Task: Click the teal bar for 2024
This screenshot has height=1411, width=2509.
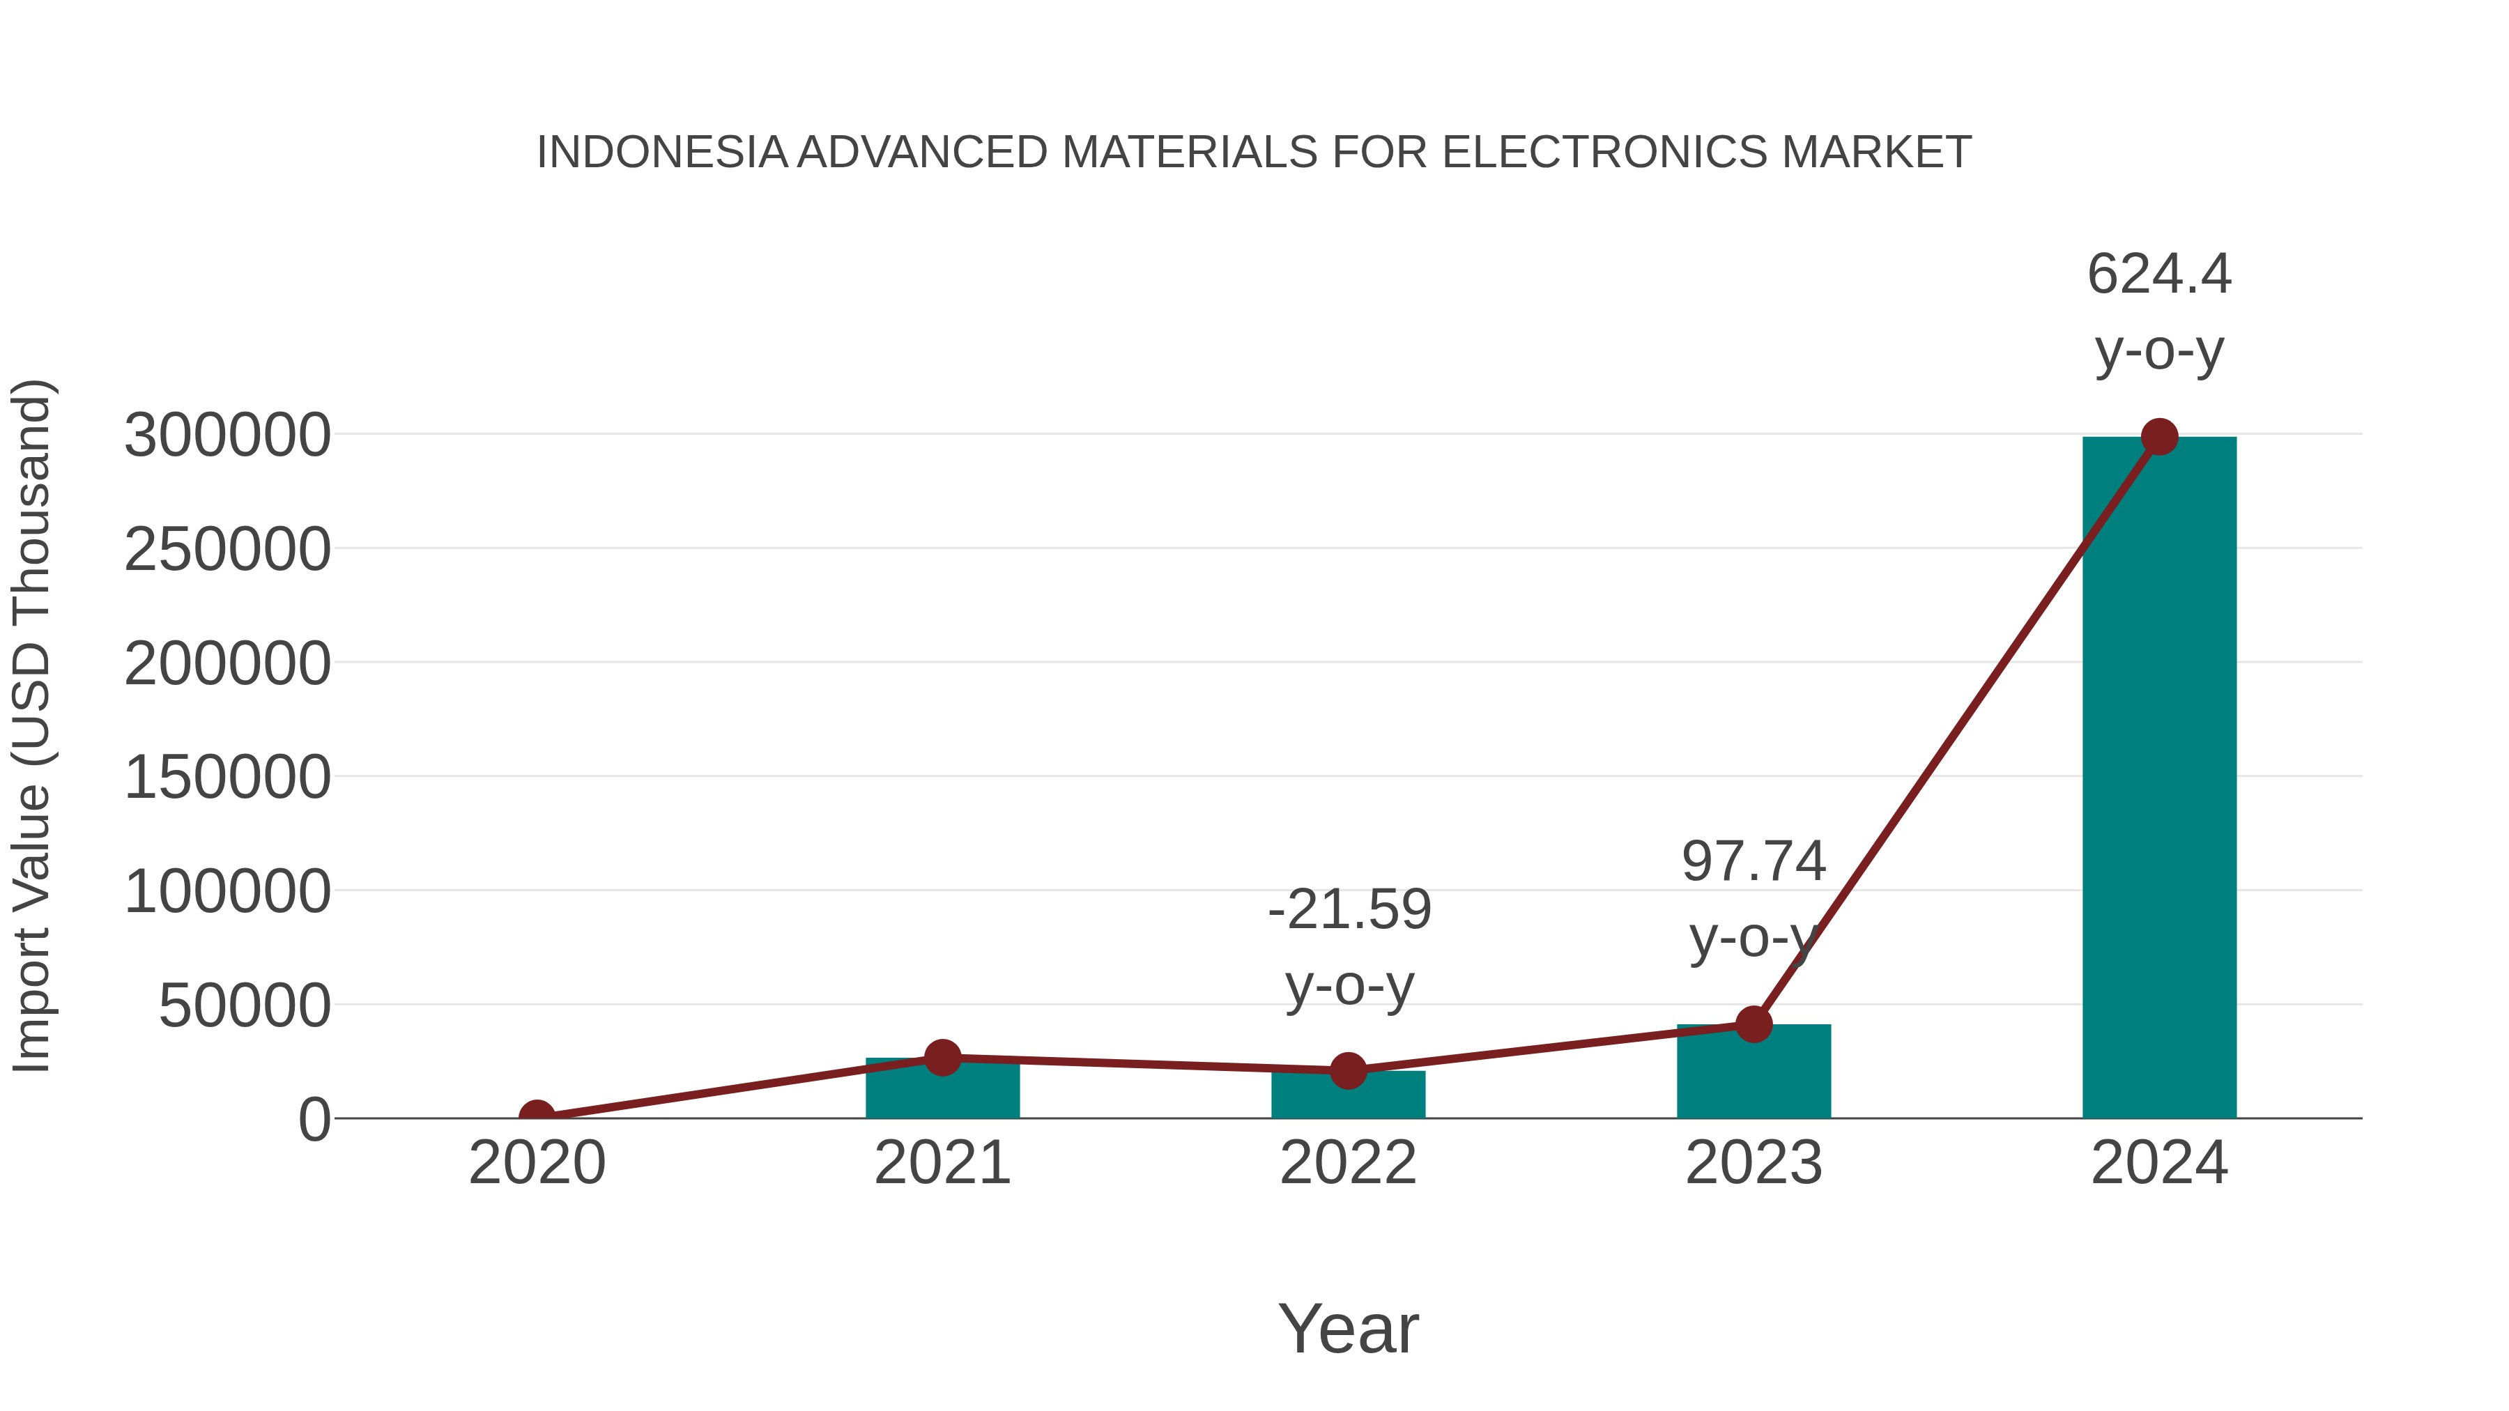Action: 2158,779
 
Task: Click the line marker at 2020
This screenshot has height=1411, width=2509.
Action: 537,1116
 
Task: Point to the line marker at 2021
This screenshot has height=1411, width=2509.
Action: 942,1058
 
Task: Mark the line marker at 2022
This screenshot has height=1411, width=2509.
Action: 1348,1070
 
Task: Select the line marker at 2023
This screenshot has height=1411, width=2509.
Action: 1754,1024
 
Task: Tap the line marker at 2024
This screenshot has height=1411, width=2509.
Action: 2158,437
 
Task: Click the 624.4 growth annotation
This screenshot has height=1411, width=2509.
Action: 2158,311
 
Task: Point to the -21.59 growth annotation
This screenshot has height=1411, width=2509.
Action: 1349,948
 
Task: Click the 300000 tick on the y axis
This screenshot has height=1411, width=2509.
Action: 227,435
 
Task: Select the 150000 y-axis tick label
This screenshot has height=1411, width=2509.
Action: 227,778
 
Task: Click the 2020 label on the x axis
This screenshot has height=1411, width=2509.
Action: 537,1163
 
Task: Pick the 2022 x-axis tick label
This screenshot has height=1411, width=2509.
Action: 1348,1163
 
